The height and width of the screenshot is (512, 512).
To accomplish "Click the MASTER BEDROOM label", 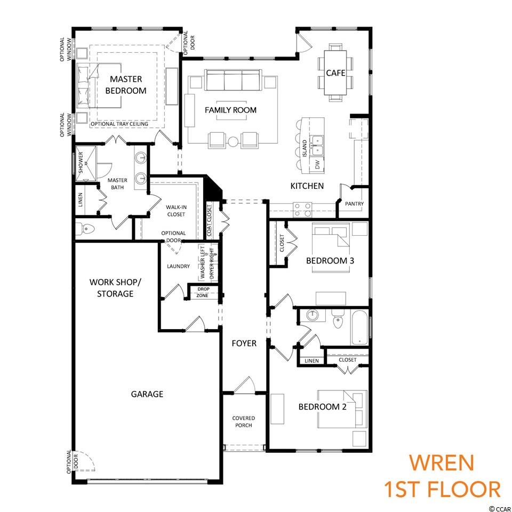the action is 126,85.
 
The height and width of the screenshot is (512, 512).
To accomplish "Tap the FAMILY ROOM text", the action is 230,110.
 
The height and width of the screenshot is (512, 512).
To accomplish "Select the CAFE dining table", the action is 335,73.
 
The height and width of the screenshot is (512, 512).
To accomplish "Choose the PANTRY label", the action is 354,204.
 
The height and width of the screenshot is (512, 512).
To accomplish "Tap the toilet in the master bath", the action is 85,229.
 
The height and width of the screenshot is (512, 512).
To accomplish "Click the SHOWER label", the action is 81,162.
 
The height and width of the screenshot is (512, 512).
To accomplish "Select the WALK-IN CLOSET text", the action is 176,211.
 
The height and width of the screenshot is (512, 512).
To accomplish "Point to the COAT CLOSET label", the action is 209,220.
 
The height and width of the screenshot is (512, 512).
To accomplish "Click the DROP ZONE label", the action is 203,292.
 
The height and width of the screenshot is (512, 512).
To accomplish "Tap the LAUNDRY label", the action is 178,266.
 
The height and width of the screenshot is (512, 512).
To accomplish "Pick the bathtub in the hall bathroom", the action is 359,327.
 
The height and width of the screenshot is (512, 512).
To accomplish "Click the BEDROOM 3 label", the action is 330,261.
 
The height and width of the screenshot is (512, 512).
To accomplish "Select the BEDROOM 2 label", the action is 322,406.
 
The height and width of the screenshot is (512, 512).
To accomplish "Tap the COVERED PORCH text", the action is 244,421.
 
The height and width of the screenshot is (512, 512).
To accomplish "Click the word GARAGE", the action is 147,394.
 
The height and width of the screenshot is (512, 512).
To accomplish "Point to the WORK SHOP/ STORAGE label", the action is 115,287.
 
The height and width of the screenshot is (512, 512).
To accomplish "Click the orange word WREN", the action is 442,463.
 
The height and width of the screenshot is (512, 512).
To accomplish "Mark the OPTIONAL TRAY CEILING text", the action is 119,124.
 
